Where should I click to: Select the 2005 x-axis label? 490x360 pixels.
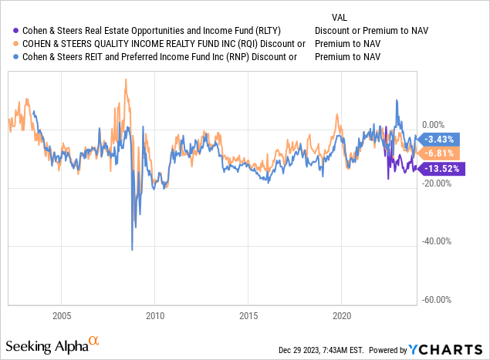tap(62, 315)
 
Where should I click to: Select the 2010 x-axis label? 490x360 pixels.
tap(155, 315)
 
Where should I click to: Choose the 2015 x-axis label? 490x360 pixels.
tap(248, 315)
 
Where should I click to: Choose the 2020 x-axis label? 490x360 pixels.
tap(342, 315)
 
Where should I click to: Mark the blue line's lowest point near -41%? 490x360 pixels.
tap(132, 250)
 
